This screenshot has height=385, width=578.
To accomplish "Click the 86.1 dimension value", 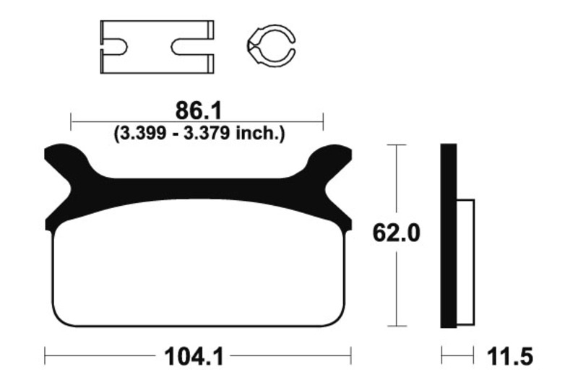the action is (199, 111).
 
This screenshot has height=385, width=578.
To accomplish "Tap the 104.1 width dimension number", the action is (194, 357).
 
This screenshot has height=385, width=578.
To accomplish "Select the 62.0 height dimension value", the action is (396, 233).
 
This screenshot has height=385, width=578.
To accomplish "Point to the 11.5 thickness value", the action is (510, 357).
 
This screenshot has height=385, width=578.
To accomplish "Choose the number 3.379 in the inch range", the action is (207, 134).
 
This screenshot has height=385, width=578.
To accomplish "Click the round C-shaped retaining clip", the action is (271, 46).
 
